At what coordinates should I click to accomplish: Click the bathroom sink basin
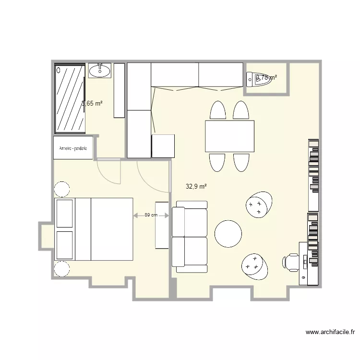[100, 72]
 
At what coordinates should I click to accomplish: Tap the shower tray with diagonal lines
[71, 98]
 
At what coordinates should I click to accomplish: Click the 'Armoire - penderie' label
[73, 148]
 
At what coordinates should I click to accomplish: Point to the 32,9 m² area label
[196, 186]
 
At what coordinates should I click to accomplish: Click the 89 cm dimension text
[151, 215]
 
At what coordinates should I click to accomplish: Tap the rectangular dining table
[229, 136]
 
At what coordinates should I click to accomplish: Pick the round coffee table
[228, 233]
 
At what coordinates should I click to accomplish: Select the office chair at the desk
[290, 262]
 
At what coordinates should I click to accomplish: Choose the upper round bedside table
[62, 189]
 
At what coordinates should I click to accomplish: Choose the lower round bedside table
[62, 269]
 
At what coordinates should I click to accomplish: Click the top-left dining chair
[217, 110]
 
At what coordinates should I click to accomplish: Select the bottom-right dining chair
[241, 162]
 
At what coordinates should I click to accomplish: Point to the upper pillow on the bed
[64, 213]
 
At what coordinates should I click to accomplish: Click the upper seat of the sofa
[190, 222]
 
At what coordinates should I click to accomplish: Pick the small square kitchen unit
[163, 146]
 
